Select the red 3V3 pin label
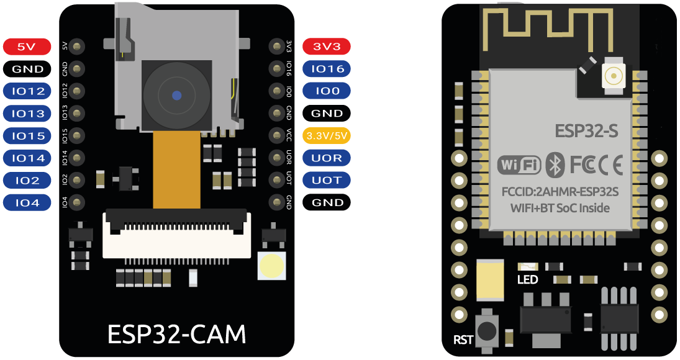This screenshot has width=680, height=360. [327, 47]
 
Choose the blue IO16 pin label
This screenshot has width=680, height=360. [327, 69]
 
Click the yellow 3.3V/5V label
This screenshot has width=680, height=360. [327, 136]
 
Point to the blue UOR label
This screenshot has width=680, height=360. [327, 158]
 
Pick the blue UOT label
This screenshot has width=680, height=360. [327, 181]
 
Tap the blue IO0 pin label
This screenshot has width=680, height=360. [327, 91]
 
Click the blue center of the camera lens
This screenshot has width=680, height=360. [177, 96]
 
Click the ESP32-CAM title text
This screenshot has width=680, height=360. [177, 334]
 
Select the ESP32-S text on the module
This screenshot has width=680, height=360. [586, 132]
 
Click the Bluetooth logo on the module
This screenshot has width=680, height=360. [554, 165]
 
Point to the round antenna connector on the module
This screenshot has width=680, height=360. [614, 76]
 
